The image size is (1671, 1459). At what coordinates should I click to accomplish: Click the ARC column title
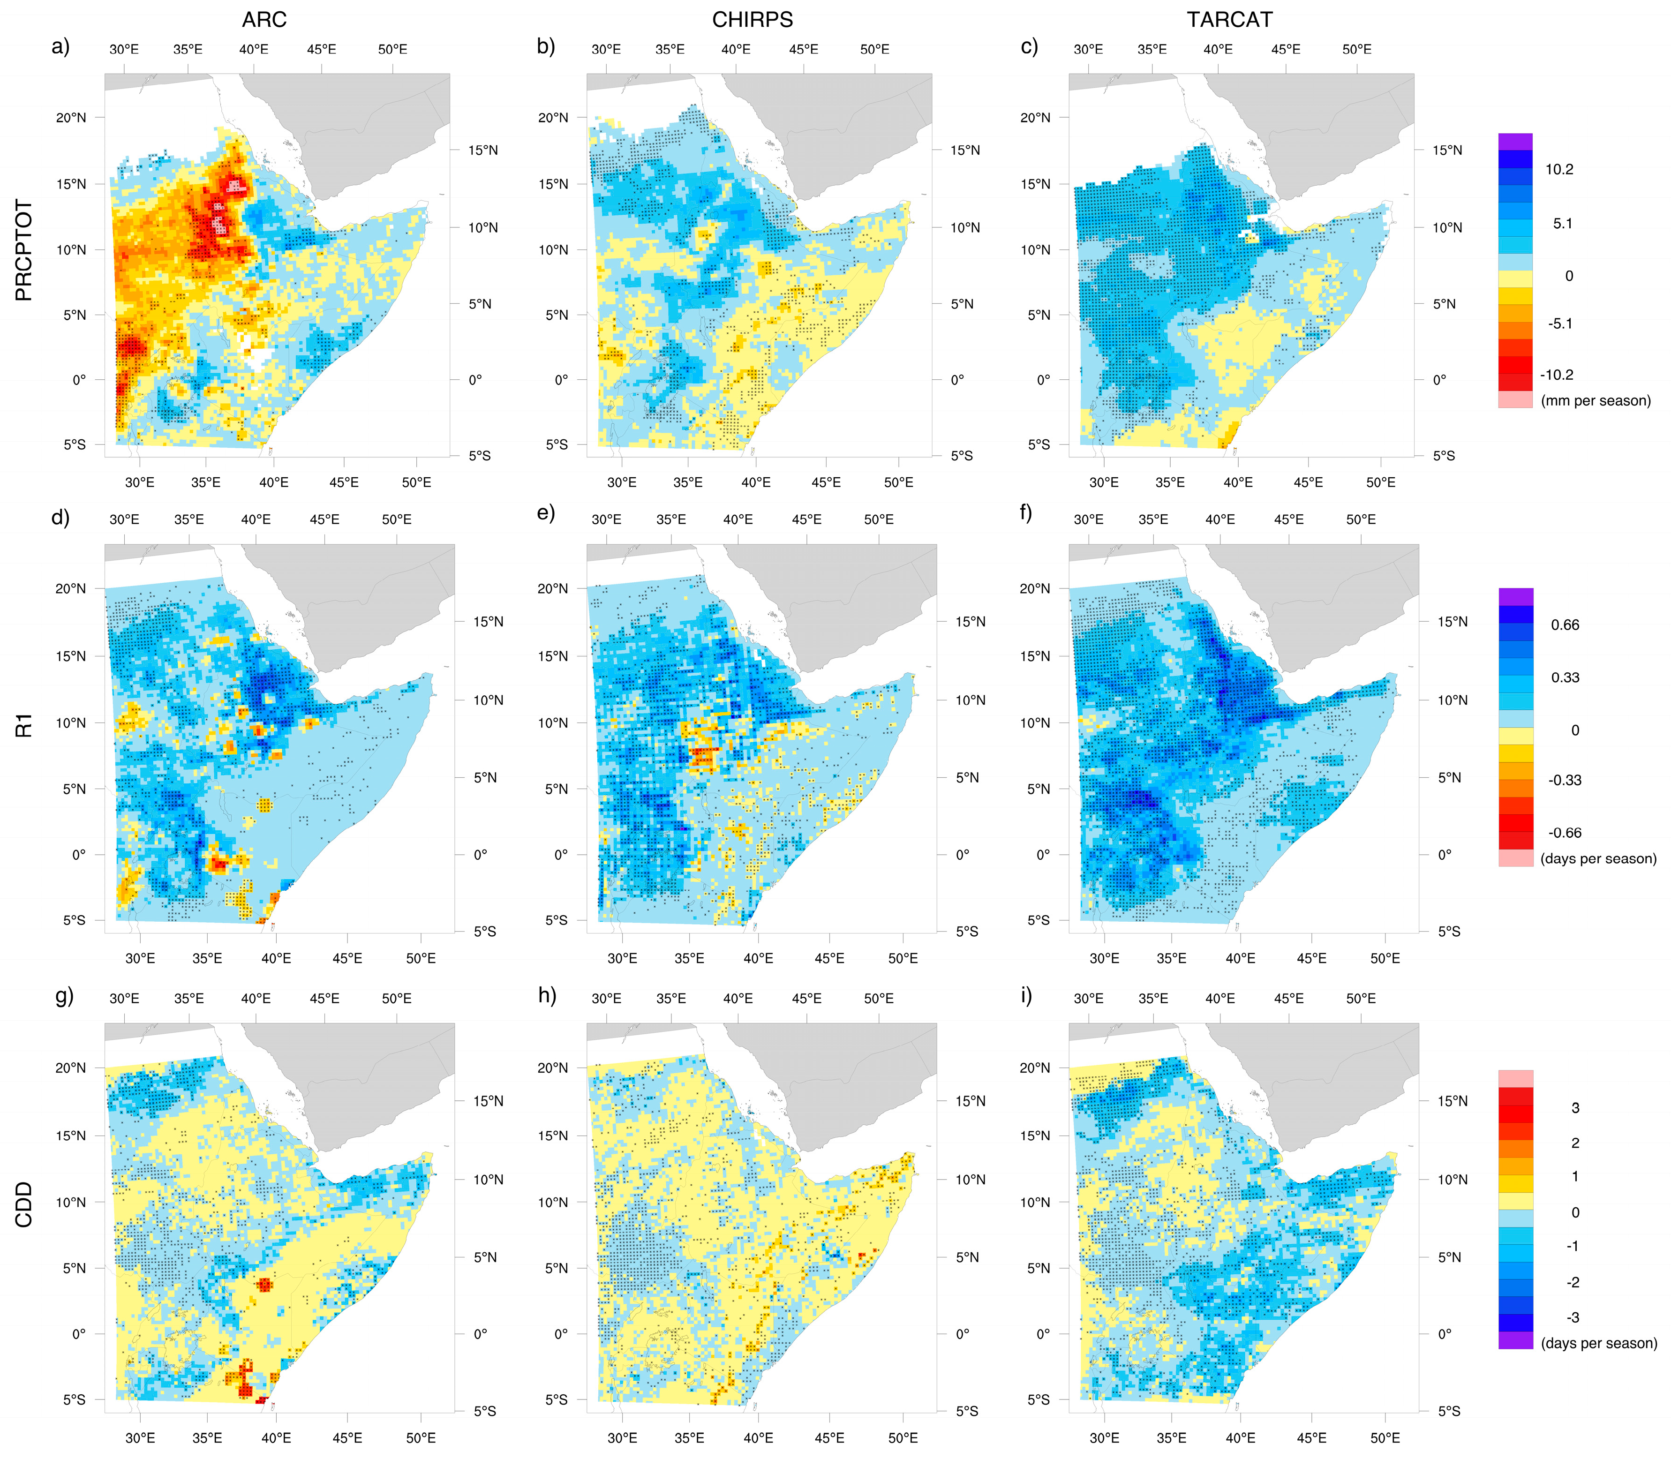click(x=264, y=20)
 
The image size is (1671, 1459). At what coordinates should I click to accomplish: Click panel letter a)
click(x=60, y=46)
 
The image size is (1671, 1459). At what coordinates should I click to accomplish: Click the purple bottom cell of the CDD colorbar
click(x=1515, y=1340)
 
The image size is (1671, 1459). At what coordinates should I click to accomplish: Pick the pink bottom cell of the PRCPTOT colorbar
click(x=1515, y=399)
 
